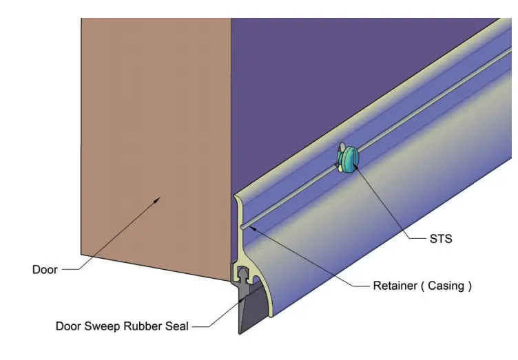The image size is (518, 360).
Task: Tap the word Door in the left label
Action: [x=45, y=269]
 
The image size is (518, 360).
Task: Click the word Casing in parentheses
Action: [x=446, y=286]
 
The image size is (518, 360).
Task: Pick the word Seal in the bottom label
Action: [x=177, y=326]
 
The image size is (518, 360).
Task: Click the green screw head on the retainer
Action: [x=348, y=159]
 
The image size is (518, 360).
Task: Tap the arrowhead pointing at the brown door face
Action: [x=158, y=200]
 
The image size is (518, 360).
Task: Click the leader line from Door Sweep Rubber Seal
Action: [x=214, y=313]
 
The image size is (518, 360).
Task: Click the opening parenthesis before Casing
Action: [x=423, y=286]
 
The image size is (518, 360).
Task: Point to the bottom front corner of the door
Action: [x=230, y=279]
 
